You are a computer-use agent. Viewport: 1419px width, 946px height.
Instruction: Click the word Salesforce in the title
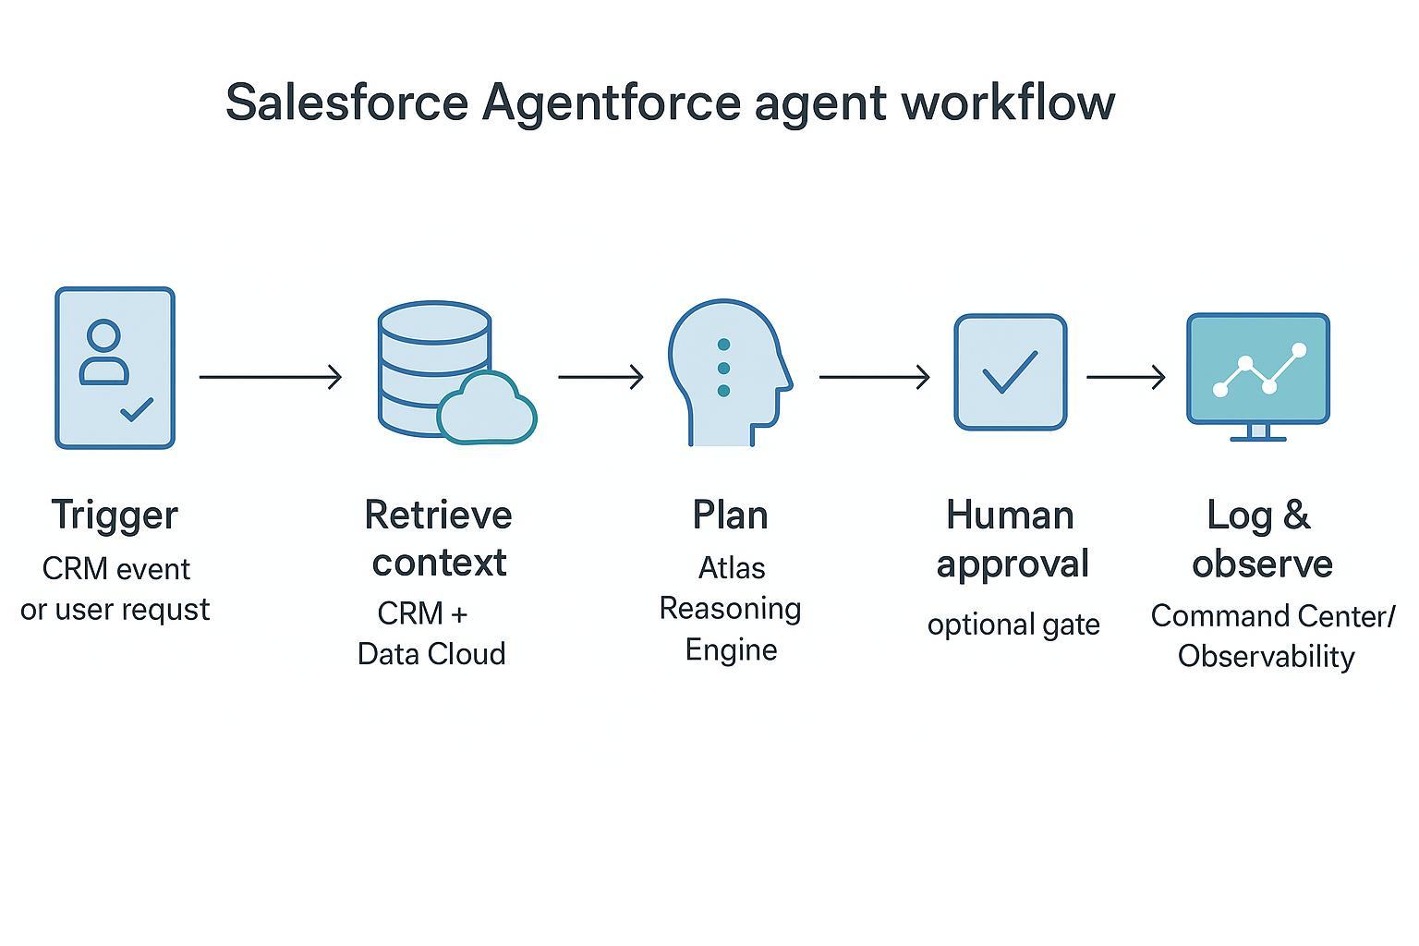pyautogui.click(x=346, y=102)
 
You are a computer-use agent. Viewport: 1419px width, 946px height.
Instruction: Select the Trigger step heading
pyautogui.click(x=115, y=515)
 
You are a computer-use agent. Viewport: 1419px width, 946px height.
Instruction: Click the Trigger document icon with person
pyautogui.click(x=115, y=368)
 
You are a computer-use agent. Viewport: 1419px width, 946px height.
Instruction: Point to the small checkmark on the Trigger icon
pyautogui.click(x=138, y=408)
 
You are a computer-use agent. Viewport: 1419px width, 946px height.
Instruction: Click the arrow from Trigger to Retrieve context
pyautogui.click(x=270, y=377)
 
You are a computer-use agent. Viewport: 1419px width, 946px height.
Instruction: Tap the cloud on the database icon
pyautogui.click(x=487, y=408)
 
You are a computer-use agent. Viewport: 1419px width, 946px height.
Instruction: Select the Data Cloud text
pyautogui.click(x=431, y=654)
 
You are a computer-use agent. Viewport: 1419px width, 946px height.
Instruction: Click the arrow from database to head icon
pyautogui.click(x=600, y=377)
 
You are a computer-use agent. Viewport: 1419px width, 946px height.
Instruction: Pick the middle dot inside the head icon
pyautogui.click(x=723, y=368)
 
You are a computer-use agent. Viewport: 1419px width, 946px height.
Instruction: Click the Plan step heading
pyautogui.click(x=730, y=515)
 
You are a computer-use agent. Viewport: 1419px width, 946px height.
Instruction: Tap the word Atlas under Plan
pyautogui.click(x=732, y=567)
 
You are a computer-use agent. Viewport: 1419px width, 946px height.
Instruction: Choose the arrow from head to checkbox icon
pyautogui.click(x=874, y=377)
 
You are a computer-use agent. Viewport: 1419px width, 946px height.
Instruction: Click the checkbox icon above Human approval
pyautogui.click(x=1010, y=372)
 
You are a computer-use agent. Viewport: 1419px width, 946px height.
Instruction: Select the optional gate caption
pyautogui.click(x=1013, y=625)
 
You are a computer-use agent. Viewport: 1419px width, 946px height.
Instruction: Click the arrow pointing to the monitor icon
pyautogui.click(x=1125, y=377)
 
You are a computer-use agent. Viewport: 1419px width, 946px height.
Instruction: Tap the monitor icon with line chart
pyautogui.click(x=1257, y=369)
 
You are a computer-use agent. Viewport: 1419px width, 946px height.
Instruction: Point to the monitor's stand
pyautogui.click(x=1257, y=432)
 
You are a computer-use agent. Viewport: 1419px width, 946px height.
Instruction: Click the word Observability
pyautogui.click(x=1266, y=657)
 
